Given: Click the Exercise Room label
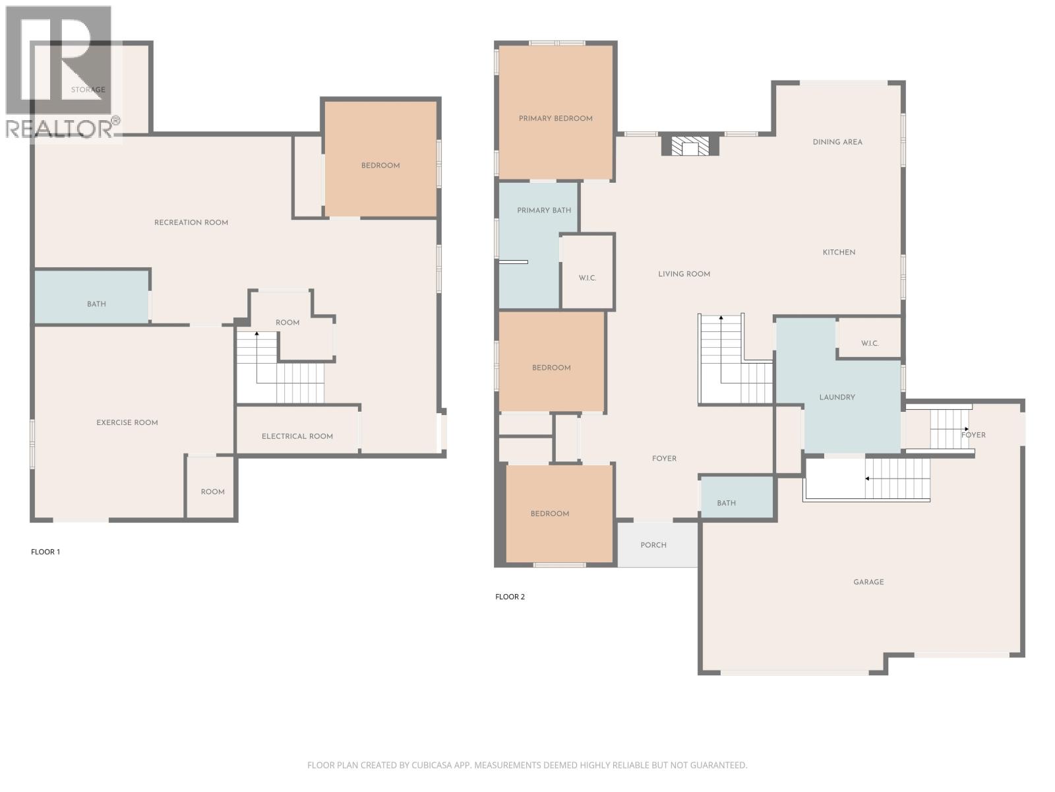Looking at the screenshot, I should (127, 422).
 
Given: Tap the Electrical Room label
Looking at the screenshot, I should (297, 436).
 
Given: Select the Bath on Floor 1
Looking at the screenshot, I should (96, 304).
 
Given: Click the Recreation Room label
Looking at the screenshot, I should (191, 222).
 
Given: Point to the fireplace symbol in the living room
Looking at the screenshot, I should (690, 146).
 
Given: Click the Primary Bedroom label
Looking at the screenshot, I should (555, 119).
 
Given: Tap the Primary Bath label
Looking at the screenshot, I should (544, 211).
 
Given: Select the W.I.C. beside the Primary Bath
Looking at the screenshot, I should (588, 278).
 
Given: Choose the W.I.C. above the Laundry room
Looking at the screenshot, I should (869, 343).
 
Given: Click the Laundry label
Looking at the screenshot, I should (837, 397).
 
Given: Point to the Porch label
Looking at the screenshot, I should (653, 545).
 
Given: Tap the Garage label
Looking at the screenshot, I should (868, 582).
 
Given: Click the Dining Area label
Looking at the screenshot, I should (837, 142).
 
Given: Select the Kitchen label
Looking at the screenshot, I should (839, 252).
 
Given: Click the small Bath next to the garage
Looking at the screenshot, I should (726, 503).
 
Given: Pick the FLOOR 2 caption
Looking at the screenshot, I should (510, 597).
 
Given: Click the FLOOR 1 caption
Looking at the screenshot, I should (45, 552).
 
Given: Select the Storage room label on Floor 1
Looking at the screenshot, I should (88, 90).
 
